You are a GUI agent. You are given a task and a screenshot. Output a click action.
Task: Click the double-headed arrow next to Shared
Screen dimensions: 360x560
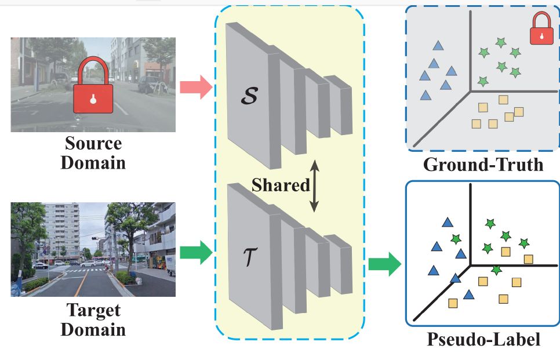click(314, 186)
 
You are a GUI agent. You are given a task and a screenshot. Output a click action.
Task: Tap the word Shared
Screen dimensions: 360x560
click(281, 186)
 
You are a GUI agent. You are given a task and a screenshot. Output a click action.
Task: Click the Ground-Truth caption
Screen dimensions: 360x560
click(483, 165)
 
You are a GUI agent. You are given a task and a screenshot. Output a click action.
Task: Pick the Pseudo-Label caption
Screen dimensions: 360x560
click(483, 339)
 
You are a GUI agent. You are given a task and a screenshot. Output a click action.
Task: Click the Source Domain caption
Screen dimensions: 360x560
click(94, 152)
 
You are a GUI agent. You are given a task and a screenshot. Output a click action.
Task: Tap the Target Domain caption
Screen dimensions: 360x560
click(93, 319)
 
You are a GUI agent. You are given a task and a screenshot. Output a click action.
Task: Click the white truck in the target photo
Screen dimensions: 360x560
click(170, 265)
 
